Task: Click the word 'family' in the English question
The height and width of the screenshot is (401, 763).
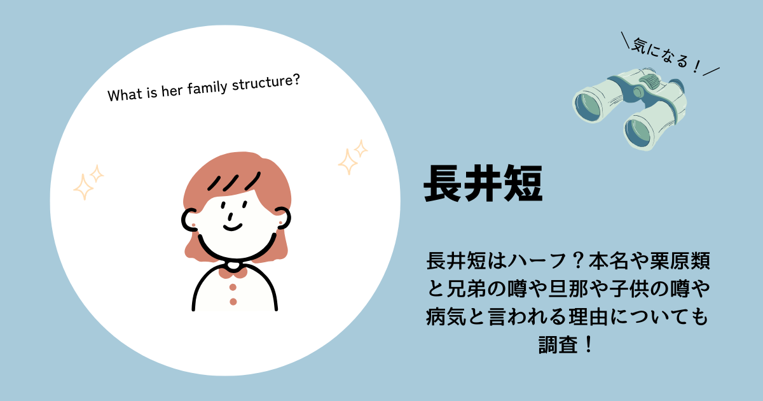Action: click(207, 88)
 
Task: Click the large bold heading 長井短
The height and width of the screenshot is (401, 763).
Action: click(483, 183)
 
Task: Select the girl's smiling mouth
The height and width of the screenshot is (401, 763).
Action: click(233, 227)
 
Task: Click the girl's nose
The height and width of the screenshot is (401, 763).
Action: click(231, 216)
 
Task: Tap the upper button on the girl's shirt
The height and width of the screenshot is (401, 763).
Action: click(233, 287)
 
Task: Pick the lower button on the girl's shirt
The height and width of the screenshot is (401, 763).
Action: click(233, 302)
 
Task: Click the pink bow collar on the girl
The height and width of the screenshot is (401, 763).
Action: click(233, 272)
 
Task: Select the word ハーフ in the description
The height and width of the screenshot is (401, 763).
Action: click(537, 261)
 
